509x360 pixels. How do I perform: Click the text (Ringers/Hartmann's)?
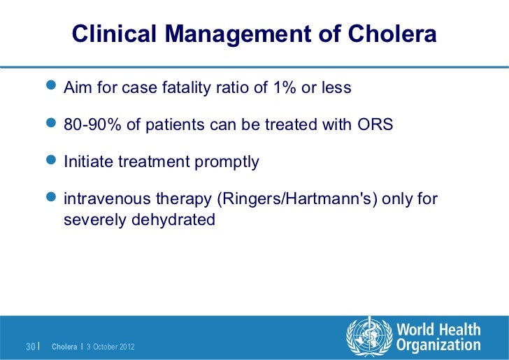coord(293,199)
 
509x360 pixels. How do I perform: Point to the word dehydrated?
coord(174,219)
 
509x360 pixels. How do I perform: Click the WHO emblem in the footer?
coord(368,336)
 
